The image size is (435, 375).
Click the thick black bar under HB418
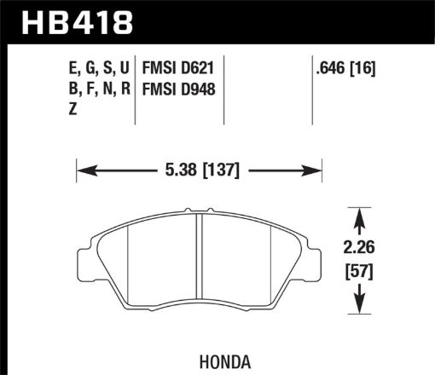pos(217,41)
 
